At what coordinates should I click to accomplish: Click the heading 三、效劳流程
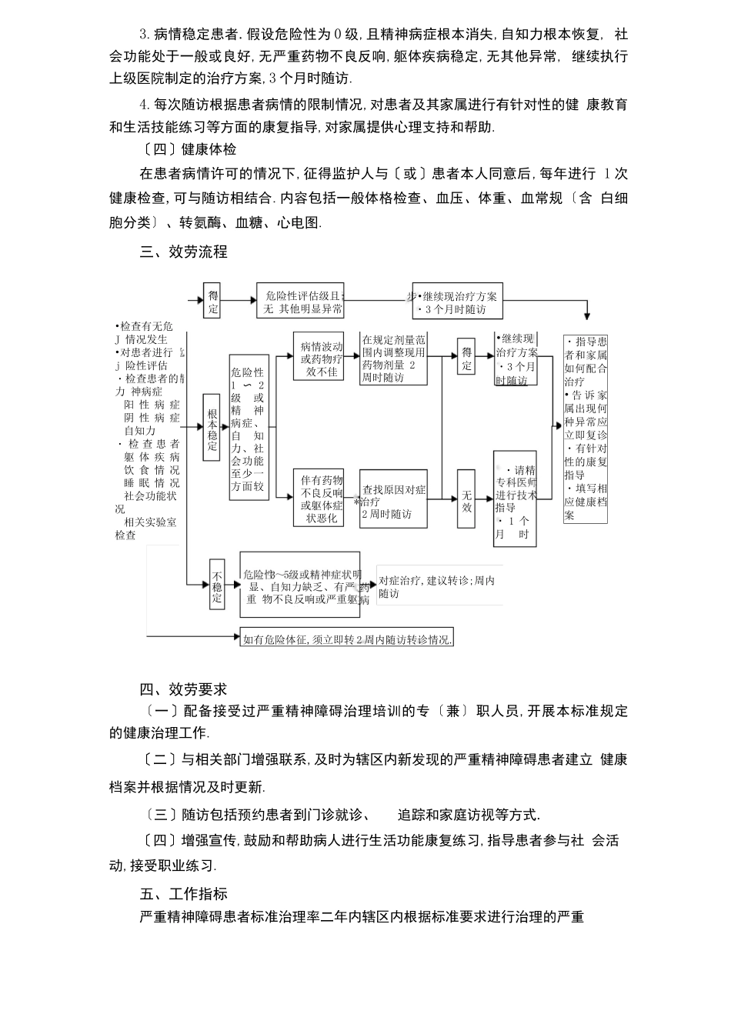tap(183, 252)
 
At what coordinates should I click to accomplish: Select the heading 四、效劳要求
tap(183, 689)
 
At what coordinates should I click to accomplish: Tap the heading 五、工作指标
tap(183, 893)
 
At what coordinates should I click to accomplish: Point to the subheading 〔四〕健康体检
tap(189, 149)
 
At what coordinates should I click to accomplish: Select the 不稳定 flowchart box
tap(217, 587)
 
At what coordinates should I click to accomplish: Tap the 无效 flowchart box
tap(466, 499)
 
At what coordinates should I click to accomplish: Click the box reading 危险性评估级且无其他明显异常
tap(300, 302)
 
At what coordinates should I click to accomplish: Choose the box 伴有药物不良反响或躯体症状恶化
tap(322, 499)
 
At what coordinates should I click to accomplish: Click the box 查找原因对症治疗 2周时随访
tap(393, 499)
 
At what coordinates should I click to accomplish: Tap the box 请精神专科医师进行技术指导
tap(515, 499)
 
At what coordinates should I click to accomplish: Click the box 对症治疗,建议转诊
tap(436, 587)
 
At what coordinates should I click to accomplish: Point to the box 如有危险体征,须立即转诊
tap(346, 639)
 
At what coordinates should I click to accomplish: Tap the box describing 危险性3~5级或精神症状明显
tap(300, 585)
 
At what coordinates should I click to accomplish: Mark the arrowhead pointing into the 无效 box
tap(454, 499)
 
